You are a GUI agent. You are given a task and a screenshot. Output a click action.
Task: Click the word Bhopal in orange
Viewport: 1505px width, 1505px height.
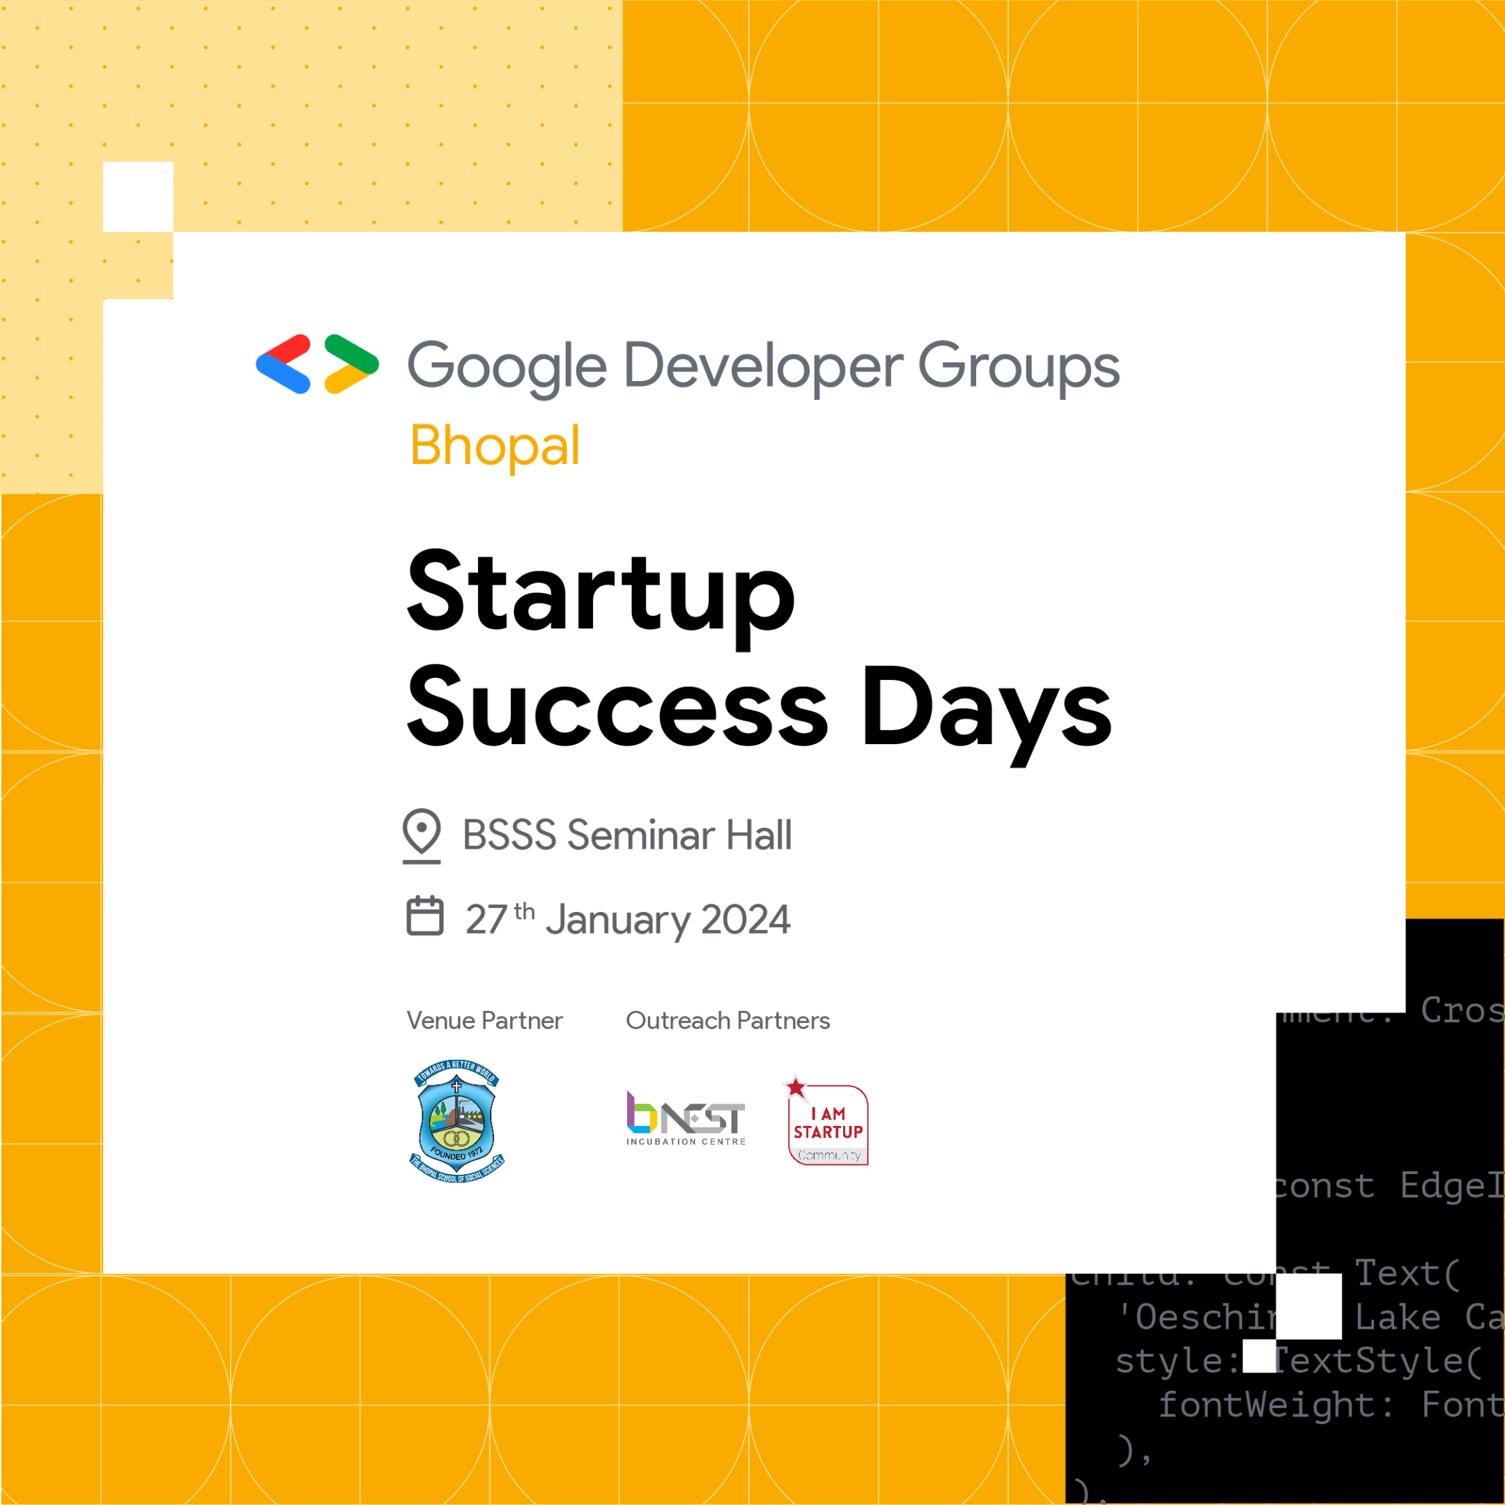(x=495, y=446)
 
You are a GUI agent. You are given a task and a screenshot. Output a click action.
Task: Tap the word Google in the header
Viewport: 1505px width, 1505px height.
(x=507, y=366)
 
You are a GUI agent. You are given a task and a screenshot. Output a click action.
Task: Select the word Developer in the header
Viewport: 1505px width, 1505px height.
(x=764, y=366)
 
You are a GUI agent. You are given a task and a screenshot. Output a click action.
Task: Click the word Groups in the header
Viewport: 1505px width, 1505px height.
(x=1018, y=366)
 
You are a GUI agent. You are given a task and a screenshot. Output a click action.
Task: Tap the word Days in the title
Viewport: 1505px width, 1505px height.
(x=986, y=709)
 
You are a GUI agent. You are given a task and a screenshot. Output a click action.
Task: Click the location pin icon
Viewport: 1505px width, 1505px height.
(x=422, y=833)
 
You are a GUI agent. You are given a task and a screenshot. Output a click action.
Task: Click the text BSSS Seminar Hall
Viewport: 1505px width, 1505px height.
(x=627, y=835)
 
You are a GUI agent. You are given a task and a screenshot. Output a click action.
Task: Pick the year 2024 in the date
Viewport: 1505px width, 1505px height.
(x=746, y=919)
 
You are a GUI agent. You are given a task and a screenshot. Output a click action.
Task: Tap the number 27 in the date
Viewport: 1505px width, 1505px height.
(x=487, y=919)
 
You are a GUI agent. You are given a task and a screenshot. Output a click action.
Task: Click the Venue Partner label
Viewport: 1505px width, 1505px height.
(x=484, y=1021)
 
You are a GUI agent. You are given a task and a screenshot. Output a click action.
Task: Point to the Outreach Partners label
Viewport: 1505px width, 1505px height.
(x=727, y=1021)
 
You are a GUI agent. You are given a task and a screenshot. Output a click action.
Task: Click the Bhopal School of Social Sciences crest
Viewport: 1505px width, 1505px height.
(x=457, y=1120)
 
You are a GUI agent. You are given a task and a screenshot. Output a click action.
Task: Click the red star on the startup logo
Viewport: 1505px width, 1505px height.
(x=795, y=1088)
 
